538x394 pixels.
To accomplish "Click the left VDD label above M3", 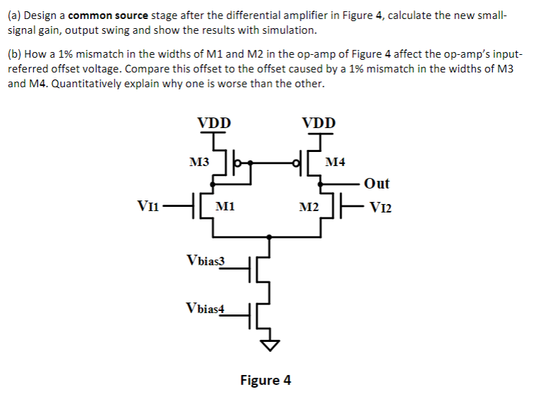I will coord(213,122).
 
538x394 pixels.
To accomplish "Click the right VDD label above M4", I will coord(319,122).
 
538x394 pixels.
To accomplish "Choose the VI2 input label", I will coord(378,207).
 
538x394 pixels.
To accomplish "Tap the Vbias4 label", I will coord(206,307).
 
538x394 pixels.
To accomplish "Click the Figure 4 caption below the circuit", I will coord(265,380).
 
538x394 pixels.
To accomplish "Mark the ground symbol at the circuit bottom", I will coord(268,345).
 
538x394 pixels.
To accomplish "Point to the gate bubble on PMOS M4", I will coord(296,165).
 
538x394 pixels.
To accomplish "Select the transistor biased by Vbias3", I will coord(258,268).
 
